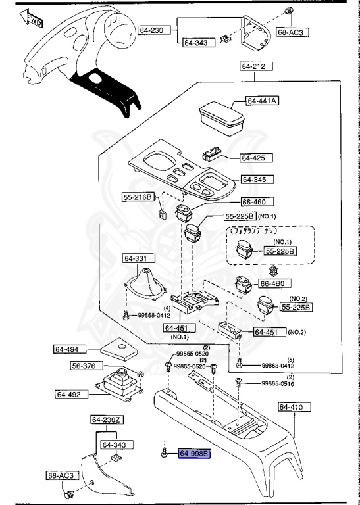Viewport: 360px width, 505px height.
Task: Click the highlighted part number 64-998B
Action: click(x=193, y=453)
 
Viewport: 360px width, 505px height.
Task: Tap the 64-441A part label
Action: click(x=263, y=101)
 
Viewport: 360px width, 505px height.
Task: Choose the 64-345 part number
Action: click(x=257, y=179)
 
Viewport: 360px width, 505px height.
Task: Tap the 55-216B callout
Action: click(x=138, y=197)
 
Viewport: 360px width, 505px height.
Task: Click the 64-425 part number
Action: click(x=252, y=158)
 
